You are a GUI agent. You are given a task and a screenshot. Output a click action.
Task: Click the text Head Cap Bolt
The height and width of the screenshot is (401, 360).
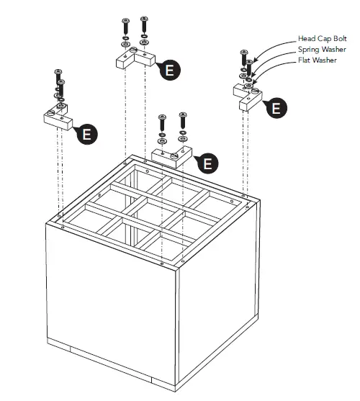point(322,39)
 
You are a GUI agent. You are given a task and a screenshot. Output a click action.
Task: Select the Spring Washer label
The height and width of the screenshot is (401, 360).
point(322,50)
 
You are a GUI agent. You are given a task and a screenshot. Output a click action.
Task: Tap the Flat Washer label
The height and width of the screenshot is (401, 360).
point(318,60)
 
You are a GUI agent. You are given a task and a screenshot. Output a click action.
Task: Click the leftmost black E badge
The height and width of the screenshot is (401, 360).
point(87,134)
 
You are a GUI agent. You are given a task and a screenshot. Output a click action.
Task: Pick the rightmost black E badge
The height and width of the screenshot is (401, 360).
point(276,108)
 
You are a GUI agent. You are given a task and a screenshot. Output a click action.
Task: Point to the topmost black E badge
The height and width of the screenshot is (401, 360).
point(170,70)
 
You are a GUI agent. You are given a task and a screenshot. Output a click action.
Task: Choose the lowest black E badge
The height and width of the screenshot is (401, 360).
point(208,163)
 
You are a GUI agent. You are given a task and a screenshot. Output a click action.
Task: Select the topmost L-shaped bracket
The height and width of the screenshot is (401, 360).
point(135,59)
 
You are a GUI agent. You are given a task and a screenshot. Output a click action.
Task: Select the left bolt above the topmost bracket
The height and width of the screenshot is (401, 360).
point(125,27)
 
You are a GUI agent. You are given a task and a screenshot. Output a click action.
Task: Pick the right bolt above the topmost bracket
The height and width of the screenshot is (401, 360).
point(144,25)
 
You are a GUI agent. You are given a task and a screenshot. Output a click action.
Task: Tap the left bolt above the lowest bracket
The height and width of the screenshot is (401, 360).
point(162,124)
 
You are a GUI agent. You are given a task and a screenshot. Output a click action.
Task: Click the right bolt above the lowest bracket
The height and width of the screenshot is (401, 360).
point(183,121)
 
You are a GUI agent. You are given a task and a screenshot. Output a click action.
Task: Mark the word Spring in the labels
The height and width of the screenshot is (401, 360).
point(309,50)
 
